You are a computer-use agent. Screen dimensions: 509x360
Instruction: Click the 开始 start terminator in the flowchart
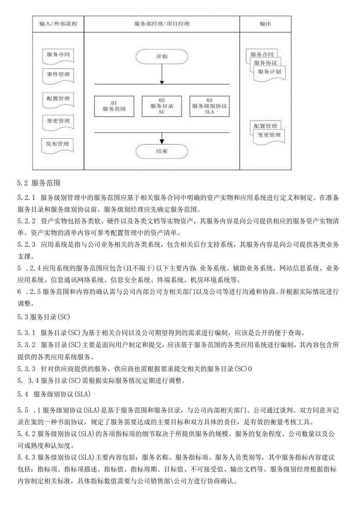[162, 56]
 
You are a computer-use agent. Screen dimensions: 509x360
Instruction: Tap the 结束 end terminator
[162, 151]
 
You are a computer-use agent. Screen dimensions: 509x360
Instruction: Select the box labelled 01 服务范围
[114, 106]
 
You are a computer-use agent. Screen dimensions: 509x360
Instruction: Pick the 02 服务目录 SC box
[162, 106]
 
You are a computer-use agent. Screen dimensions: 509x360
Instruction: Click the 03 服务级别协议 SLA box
[209, 106]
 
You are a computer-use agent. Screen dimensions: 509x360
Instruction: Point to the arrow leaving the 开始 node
[162, 74]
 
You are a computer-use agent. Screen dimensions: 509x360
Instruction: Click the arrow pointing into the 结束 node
[162, 138]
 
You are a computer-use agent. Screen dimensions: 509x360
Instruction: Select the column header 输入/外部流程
[58, 24]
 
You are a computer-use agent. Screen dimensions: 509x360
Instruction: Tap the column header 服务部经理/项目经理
[162, 24]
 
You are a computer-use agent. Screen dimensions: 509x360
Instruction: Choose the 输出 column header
[265, 24]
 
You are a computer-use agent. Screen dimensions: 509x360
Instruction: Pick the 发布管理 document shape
[58, 144]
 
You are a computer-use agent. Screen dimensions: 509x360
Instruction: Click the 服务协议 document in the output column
[265, 63]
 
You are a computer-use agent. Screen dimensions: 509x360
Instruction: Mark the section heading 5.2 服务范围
[38, 182]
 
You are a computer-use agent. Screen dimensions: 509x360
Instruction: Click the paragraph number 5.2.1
[26, 197]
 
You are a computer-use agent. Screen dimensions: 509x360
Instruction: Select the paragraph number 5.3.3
[26, 368]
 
